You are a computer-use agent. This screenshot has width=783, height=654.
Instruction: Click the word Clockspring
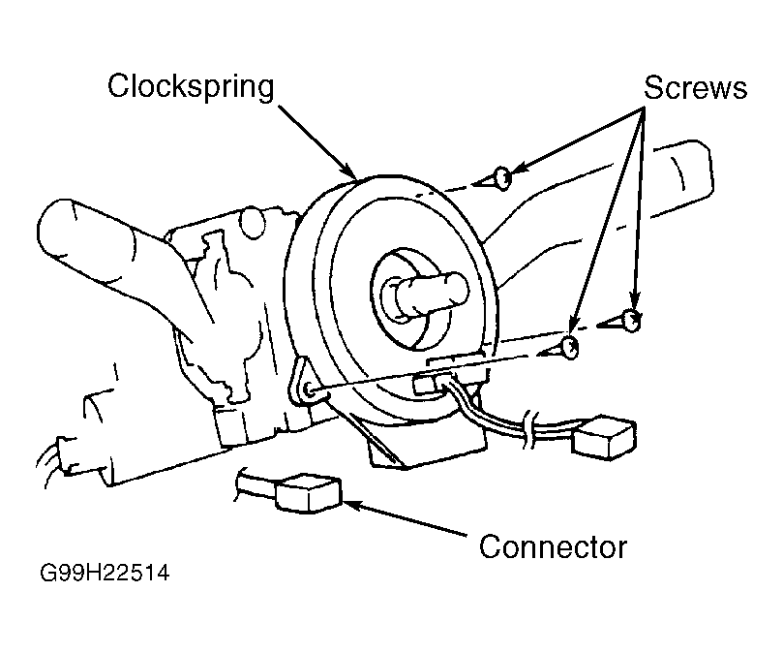coord(191,87)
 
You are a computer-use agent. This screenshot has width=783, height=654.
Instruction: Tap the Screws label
coord(695,87)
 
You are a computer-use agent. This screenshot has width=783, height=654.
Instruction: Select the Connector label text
coord(553,546)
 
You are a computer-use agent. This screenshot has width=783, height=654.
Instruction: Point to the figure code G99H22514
coord(105,573)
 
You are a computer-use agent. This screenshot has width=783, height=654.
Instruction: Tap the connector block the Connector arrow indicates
coord(308,493)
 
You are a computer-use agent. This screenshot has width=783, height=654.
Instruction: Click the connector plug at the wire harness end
coord(604,437)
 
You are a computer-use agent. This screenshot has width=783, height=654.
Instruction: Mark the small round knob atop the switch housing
coord(253,223)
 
